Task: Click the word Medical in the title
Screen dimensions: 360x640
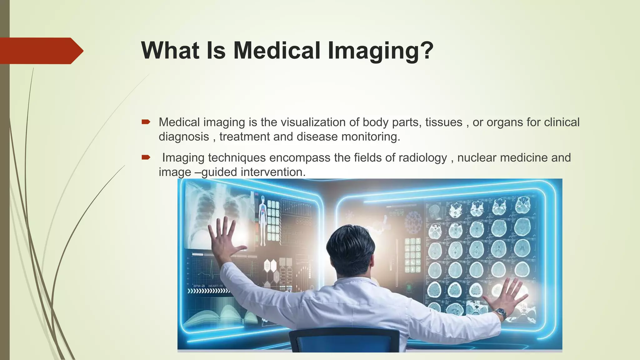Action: coord(277,50)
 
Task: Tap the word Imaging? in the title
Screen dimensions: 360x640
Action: coord(380,51)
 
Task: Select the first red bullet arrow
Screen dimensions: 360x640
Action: coord(146,122)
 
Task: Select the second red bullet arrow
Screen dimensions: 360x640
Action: coord(146,157)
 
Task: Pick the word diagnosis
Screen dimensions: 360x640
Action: coord(184,137)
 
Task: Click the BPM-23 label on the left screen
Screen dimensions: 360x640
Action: coord(199,286)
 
